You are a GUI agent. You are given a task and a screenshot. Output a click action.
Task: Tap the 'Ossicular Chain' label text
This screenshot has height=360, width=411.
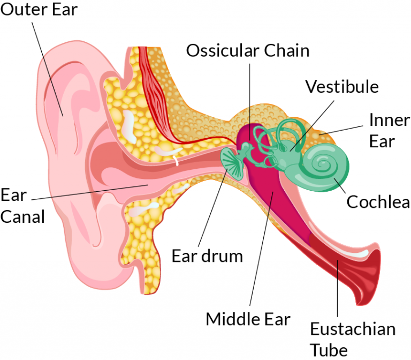point(248,51)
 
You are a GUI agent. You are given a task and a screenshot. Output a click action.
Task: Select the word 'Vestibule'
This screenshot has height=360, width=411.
point(341,86)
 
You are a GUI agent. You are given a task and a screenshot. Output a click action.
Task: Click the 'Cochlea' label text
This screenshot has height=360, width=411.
point(378,202)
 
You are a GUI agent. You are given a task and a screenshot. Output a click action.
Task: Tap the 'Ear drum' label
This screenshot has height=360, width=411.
point(207,256)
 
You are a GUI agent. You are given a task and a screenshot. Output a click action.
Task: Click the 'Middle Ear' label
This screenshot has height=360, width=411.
point(248,319)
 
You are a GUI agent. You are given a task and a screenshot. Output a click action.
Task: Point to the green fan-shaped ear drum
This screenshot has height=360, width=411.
point(232,160)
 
